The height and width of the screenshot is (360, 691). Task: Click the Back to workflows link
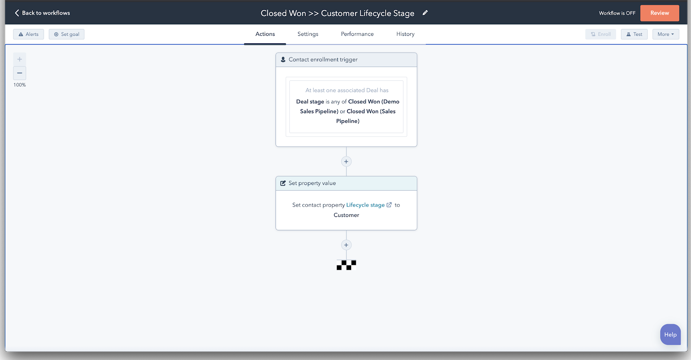42,13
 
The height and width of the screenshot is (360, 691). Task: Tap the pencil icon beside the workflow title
425,13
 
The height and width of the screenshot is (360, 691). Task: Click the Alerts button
29,34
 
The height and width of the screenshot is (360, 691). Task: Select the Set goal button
67,34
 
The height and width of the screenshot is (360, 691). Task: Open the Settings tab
308,34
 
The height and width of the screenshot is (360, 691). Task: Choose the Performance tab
357,34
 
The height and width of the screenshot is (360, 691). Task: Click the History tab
406,34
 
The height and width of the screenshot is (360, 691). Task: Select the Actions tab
265,34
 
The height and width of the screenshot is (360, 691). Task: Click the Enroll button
601,34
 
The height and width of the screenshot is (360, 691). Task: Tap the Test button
634,34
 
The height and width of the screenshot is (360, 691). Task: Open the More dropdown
666,34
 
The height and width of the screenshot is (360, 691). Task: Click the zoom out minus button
19,73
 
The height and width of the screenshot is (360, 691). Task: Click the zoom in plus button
19,59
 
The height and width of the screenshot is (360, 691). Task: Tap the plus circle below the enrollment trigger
346,162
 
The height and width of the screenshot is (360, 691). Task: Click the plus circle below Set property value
346,245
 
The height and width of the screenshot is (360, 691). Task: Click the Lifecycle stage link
365,205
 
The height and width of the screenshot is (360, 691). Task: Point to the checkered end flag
346,265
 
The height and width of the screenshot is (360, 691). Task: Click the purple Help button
670,335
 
